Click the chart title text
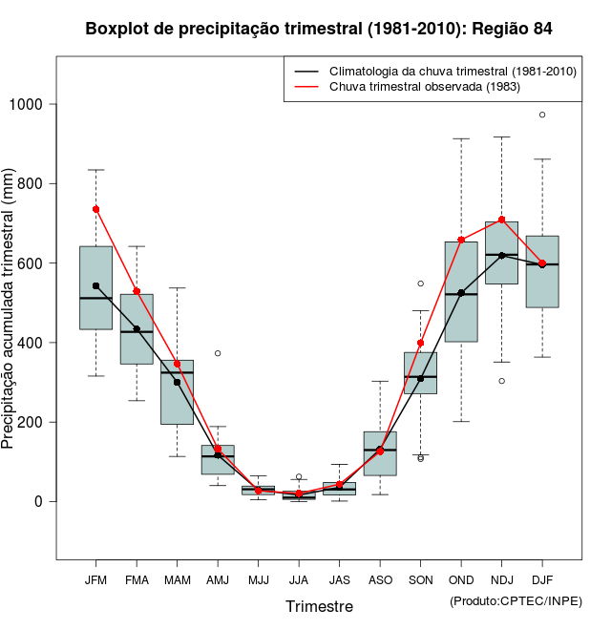point(319,29)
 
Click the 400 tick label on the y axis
point(35,343)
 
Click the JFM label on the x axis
point(95,580)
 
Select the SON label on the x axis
point(420,580)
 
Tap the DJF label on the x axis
point(542,580)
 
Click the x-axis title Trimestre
point(319,606)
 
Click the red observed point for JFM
point(95,209)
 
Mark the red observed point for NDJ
point(501,220)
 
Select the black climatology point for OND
point(461,293)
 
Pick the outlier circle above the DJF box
point(542,115)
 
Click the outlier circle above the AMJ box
point(218,353)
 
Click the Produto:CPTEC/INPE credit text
point(516,600)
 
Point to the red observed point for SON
point(420,343)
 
